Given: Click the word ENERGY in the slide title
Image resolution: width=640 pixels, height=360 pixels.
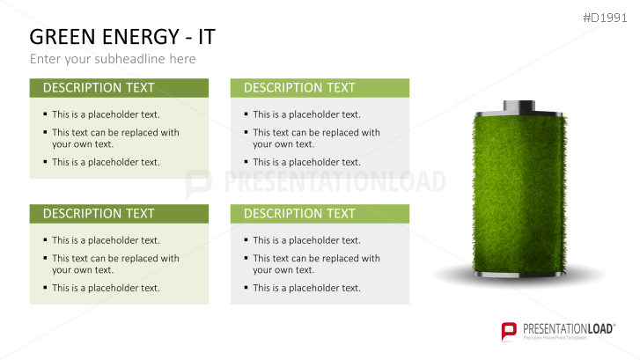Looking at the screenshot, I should pos(139,37).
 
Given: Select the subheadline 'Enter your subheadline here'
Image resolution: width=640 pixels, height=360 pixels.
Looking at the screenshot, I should pos(113,59).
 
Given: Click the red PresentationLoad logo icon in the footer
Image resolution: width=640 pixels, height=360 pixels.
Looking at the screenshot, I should pos(509,331).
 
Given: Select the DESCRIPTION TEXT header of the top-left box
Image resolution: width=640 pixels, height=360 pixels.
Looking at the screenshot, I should pos(99,88).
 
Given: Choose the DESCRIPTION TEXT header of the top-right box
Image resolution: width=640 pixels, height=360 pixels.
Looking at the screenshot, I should pos(299,88).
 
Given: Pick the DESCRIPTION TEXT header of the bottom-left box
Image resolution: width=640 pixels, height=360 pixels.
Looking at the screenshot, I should pos(99,214).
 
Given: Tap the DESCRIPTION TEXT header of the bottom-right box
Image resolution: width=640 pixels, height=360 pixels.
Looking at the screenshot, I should pos(299,214).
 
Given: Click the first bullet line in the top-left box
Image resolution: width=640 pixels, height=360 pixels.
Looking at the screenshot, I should pos(106,114).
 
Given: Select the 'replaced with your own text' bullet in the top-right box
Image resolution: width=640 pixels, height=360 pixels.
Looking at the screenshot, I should pos(316,138).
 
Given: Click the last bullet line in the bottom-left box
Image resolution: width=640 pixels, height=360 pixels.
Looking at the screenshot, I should pos(106,288).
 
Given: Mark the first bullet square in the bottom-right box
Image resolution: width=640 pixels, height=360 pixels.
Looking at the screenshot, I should pos(246,240).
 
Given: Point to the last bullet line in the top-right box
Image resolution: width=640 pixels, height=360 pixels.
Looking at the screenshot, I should pos(306,162).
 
